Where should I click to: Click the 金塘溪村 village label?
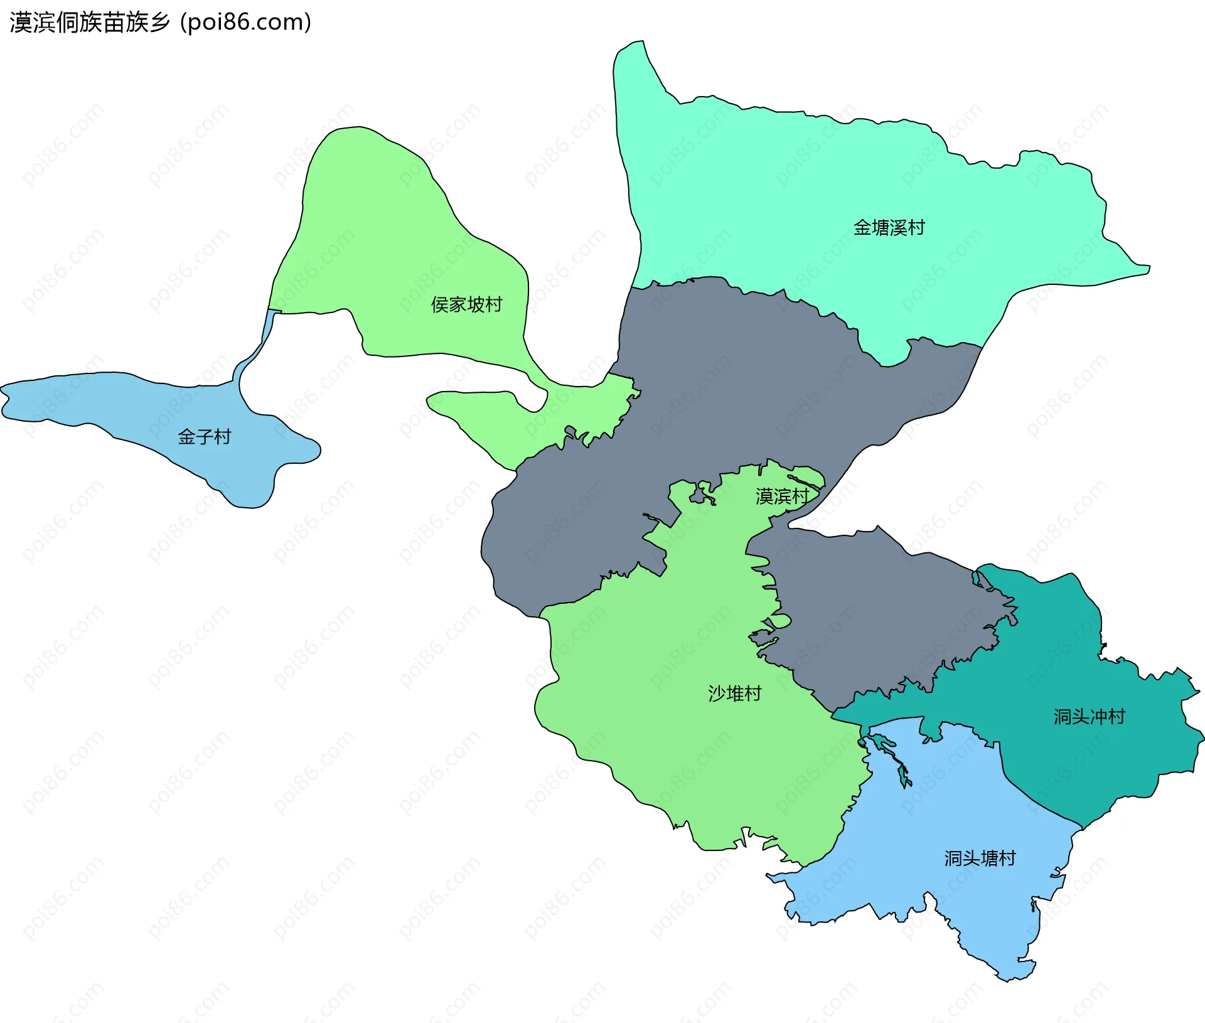(x=889, y=227)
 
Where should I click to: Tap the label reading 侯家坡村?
(x=466, y=304)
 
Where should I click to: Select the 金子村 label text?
(x=204, y=436)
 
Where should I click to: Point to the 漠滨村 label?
(x=782, y=496)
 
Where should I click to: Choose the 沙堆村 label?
(x=734, y=694)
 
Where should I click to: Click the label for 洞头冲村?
(x=1089, y=716)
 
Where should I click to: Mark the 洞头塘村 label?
(x=980, y=858)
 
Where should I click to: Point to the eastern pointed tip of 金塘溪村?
(x=1148, y=269)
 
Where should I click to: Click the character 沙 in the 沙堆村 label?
(x=717, y=694)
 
